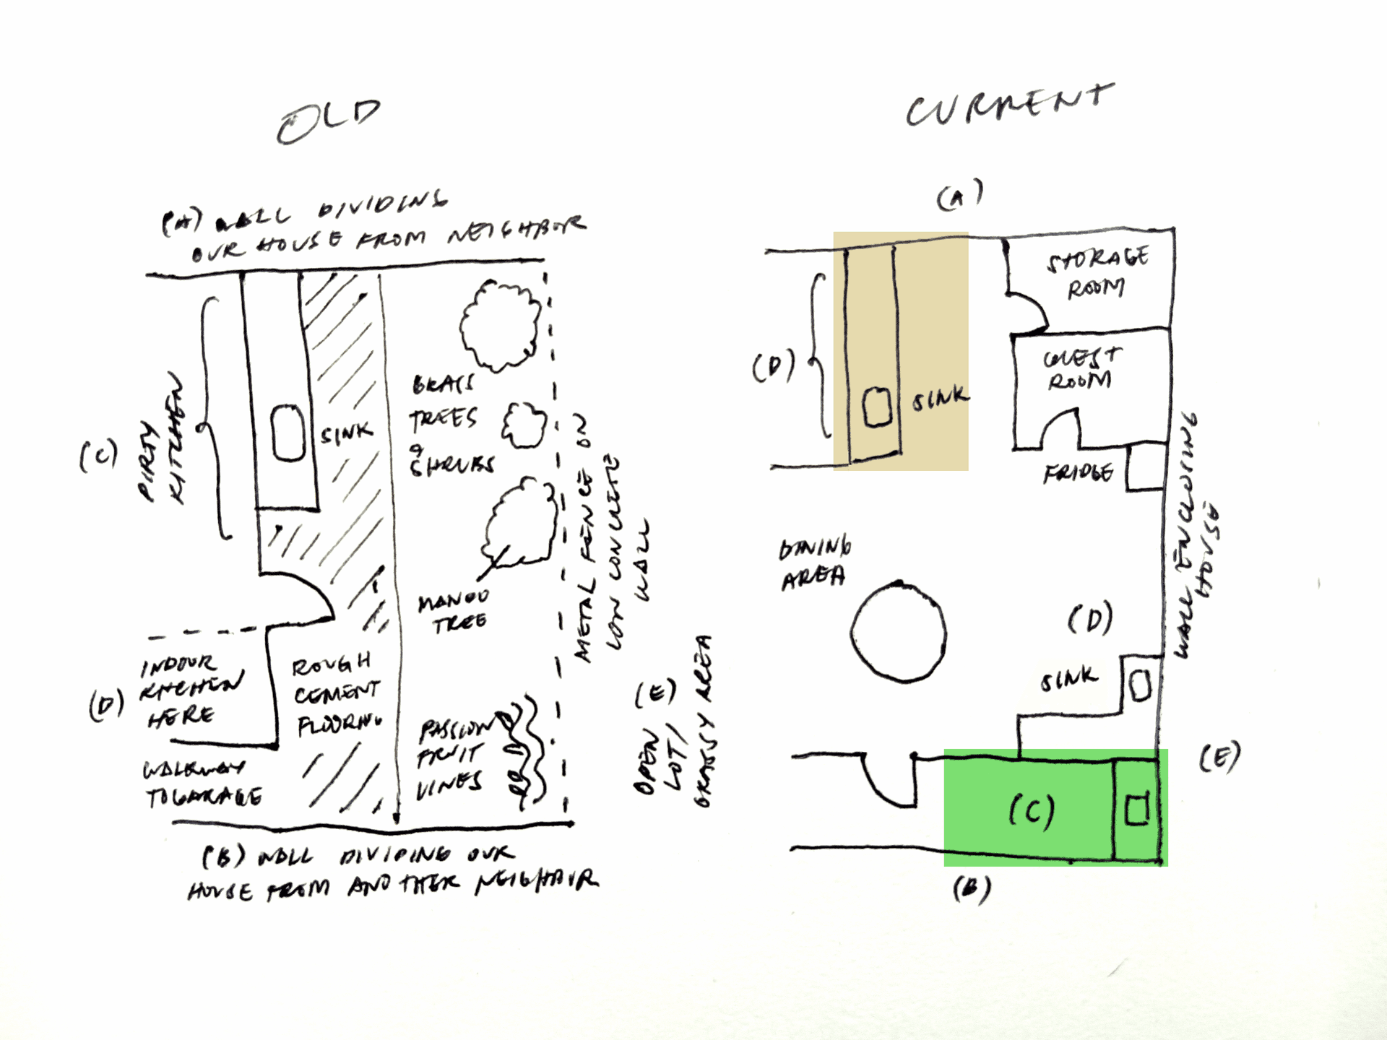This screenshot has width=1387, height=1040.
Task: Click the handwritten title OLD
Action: (329, 121)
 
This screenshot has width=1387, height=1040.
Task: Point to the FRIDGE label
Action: (1078, 473)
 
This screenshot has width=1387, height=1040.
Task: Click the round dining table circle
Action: (898, 633)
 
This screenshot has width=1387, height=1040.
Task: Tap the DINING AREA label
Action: (814, 563)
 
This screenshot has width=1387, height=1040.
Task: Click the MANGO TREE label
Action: (454, 611)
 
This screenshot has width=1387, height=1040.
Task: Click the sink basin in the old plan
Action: (288, 433)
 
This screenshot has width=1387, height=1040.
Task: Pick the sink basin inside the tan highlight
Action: (877, 407)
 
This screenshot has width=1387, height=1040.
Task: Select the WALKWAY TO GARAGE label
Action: (202, 784)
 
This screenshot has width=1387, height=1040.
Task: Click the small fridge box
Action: (1145, 467)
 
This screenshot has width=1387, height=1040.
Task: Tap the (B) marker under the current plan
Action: (972, 889)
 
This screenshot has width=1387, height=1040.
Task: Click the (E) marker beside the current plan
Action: (1219, 758)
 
